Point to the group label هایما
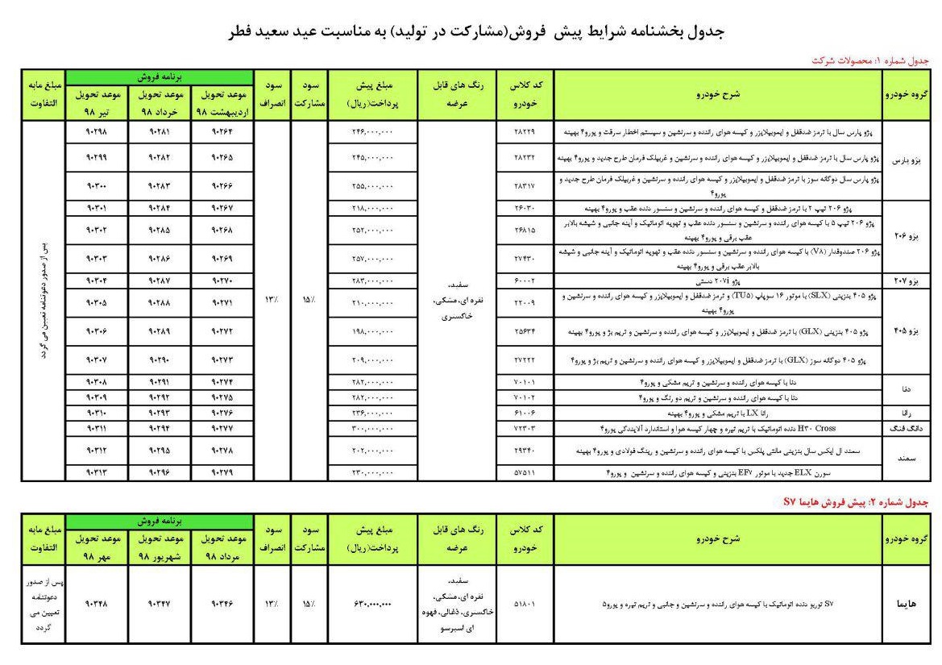[907, 603]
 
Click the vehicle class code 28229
[524, 131]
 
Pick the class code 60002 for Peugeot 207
[524, 281]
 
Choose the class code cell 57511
[524, 472]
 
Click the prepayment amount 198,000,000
[372, 331]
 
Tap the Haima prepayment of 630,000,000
[372, 603]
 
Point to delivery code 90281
[158, 131]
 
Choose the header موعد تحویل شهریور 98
[158, 544]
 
